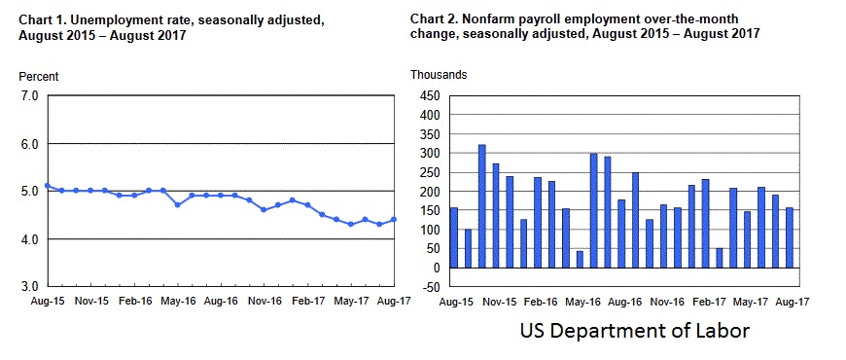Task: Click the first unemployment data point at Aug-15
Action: click(x=48, y=185)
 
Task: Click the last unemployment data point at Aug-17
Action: click(x=394, y=220)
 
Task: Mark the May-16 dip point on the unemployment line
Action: click(x=177, y=204)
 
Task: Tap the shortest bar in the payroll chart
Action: click(x=580, y=259)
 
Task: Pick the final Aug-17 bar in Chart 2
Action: click(x=789, y=237)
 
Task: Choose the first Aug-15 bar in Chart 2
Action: click(x=453, y=237)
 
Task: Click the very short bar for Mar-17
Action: click(x=719, y=258)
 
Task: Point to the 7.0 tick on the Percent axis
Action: click(x=28, y=96)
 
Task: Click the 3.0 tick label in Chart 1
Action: click(x=28, y=287)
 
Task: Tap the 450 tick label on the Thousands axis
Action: click(x=428, y=96)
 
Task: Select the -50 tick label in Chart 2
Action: click(x=428, y=287)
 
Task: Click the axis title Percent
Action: click(x=39, y=76)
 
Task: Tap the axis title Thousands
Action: click(x=439, y=75)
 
